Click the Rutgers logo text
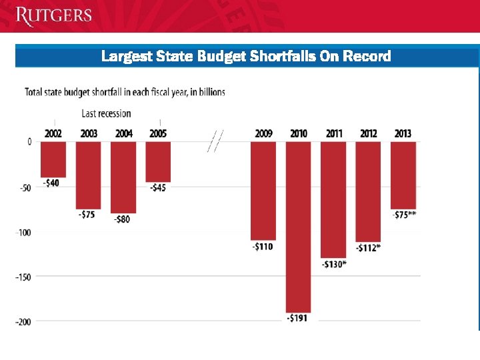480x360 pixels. coord(53,15)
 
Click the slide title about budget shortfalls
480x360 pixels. coord(246,57)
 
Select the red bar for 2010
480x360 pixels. coord(299,227)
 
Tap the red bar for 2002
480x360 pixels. coord(53,159)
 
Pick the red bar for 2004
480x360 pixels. coord(123,177)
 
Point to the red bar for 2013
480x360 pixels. coord(403,175)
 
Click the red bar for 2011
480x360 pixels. coord(334,199)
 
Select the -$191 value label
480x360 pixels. coord(297,318)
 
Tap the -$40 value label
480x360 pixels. coord(51,183)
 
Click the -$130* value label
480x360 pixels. coord(334,264)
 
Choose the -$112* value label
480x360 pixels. coord(368,248)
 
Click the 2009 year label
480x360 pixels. coord(264,133)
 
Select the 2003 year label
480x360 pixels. coord(89,133)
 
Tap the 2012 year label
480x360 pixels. coord(368,133)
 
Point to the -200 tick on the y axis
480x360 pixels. coord(23,322)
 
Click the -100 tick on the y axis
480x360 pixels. coord(23,232)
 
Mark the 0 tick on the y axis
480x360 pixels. coord(29,141)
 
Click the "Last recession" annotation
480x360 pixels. coord(106,113)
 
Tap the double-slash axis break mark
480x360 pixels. coord(215,141)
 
